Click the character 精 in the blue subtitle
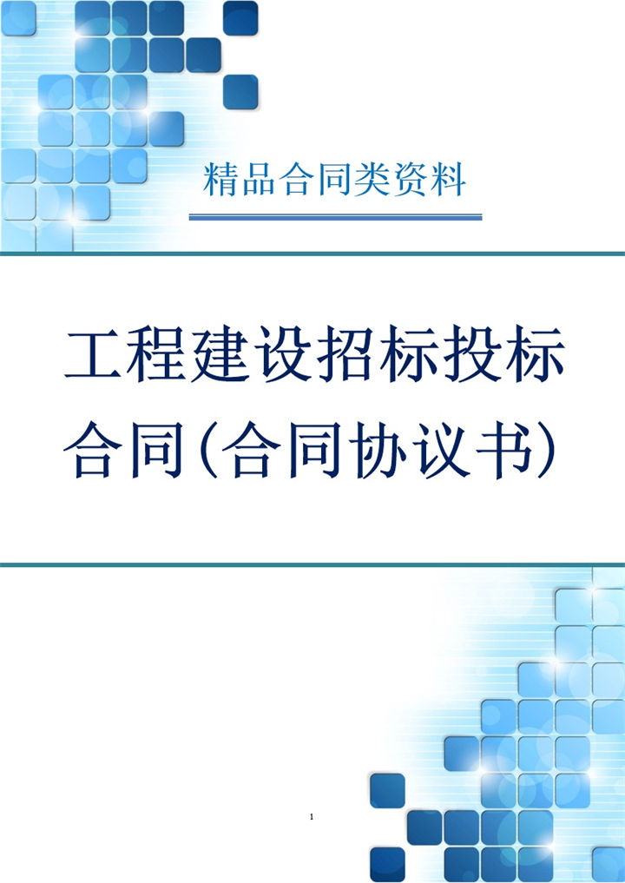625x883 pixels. pos(220,181)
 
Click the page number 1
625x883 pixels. pos(311,817)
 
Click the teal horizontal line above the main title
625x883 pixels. pos(312,254)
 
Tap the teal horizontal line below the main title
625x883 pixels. pos(312,564)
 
